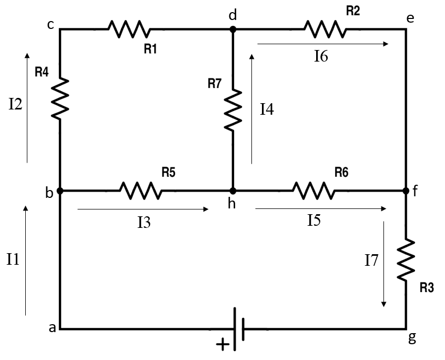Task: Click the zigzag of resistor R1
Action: tap(129, 29)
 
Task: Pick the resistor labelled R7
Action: tap(233, 110)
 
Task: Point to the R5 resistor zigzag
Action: tap(140, 191)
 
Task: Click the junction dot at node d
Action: tap(233, 29)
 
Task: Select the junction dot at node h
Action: tap(233, 191)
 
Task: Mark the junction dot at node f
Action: tap(406, 191)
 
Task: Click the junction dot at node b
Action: tap(60, 191)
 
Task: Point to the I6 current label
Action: tap(321, 57)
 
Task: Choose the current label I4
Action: tap(267, 110)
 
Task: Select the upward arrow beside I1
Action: tap(25, 261)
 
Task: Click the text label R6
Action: tap(341, 172)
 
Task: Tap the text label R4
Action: tap(42, 73)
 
